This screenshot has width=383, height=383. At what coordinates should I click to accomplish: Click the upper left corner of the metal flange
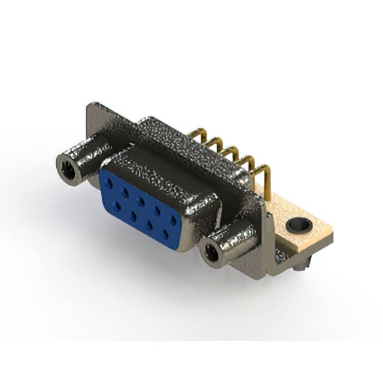point(90,105)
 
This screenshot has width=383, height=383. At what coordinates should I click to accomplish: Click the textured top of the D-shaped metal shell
point(180,144)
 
